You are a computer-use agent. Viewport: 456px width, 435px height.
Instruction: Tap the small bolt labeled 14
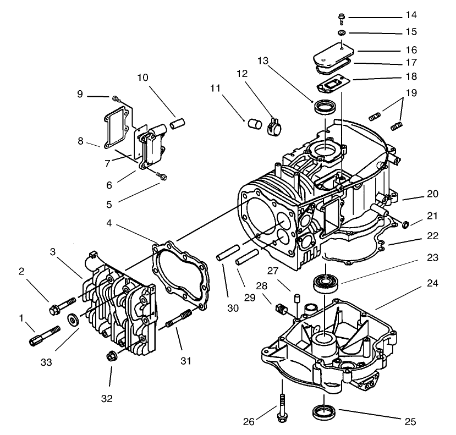(x=342, y=19)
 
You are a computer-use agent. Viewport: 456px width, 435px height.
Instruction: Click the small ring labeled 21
(x=404, y=224)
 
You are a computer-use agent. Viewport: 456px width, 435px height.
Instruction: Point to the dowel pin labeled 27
(x=296, y=299)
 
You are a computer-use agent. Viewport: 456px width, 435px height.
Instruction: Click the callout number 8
(x=81, y=141)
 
